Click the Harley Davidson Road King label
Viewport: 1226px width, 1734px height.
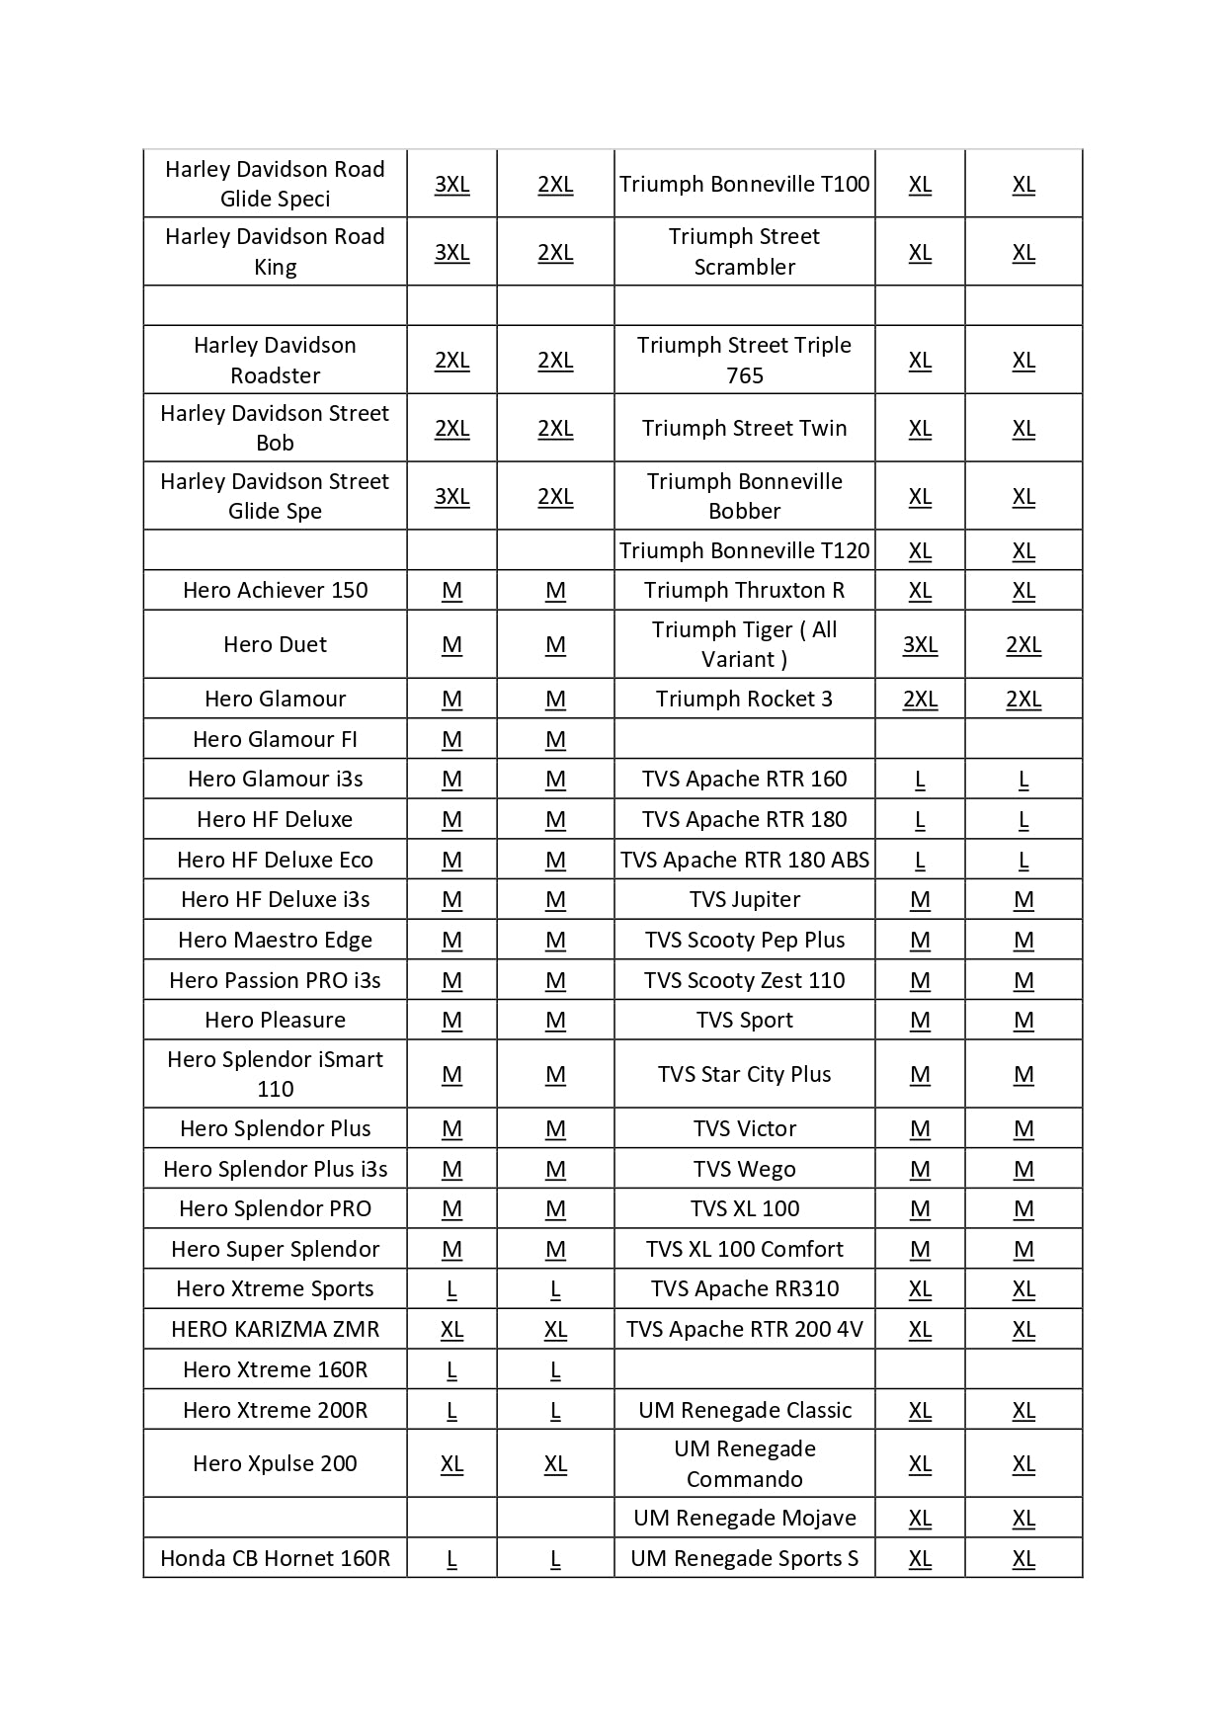click(x=275, y=252)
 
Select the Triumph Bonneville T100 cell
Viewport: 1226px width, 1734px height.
click(x=744, y=185)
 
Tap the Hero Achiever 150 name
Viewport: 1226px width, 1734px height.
click(x=275, y=591)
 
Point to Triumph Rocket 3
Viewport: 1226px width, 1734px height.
click(x=744, y=700)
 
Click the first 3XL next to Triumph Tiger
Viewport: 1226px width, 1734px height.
click(x=920, y=645)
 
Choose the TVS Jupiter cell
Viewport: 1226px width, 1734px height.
click(x=744, y=900)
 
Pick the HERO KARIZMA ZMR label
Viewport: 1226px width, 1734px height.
click(x=275, y=1330)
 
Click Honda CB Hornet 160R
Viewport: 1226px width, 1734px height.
click(x=275, y=1559)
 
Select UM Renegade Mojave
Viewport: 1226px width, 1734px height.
click(x=744, y=1519)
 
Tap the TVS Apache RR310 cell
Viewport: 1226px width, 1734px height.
click(x=744, y=1289)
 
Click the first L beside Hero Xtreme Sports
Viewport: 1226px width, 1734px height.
click(x=451, y=1289)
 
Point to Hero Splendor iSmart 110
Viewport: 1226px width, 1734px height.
click(x=275, y=1074)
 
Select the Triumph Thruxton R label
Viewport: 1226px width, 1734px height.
click(x=744, y=591)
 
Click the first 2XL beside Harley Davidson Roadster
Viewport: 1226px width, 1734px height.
click(x=451, y=361)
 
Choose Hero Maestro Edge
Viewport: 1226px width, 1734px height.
click(x=275, y=941)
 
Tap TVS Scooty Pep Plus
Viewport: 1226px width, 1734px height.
click(x=744, y=941)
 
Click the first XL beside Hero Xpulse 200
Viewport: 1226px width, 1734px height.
click(x=451, y=1464)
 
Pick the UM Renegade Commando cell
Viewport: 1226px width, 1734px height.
click(x=744, y=1464)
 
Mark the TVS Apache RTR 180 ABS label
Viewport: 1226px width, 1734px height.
click(x=744, y=861)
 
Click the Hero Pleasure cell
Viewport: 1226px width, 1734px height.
click(x=275, y=1021)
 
